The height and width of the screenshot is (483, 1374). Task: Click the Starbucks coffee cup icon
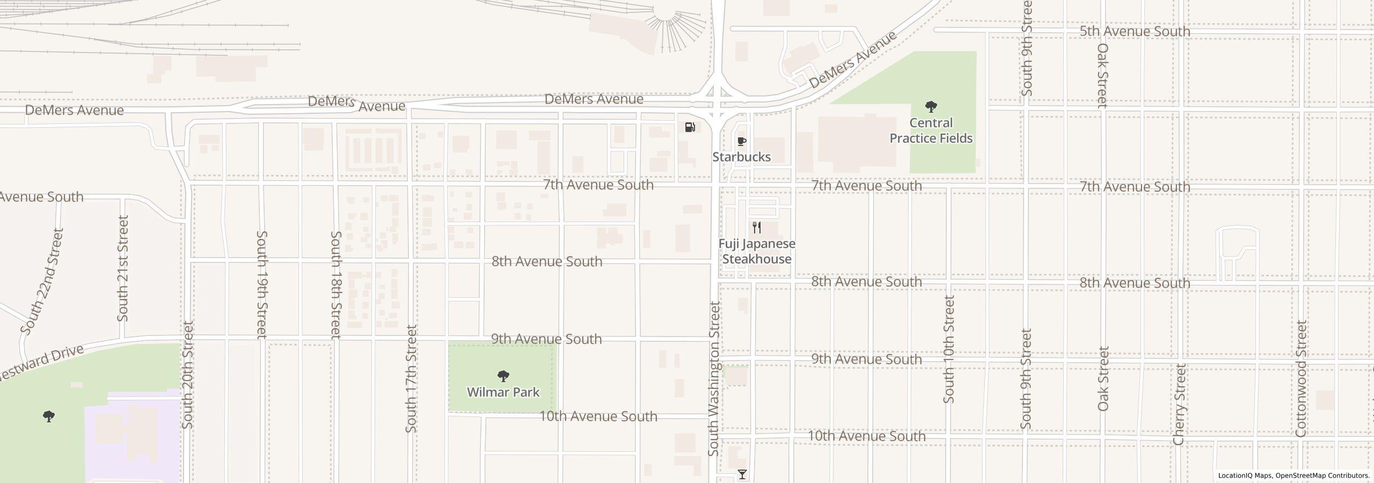coord(742,142)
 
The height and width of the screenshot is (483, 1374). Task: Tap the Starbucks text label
coord(742,157)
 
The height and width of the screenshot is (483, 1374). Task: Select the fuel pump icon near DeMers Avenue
coord(690,127)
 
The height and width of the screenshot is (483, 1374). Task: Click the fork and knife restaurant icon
coord(757,228)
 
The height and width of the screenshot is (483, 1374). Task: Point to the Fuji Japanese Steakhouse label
coord(757,251)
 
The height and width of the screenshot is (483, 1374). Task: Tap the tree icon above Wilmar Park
coord(503,376)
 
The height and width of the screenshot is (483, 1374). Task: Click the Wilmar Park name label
coord(503,392)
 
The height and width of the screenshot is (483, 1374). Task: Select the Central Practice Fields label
coord(931,130)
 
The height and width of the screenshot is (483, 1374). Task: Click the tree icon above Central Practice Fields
coord(931,106)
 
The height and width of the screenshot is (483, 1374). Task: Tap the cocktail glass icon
coord(742,474)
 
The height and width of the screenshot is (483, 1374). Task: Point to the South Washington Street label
coord(714,379)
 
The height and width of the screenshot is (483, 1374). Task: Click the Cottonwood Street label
coord(1301,379)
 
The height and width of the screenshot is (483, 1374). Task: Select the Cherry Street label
coord(1179,404)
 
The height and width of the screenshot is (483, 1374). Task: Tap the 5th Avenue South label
coord(1135,31)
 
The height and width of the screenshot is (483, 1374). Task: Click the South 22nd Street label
coord(43,281)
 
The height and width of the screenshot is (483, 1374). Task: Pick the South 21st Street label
coord(123,268)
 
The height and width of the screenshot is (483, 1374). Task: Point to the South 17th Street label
coord(411,379)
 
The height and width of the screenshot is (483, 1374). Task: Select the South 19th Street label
coord(262,284)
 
